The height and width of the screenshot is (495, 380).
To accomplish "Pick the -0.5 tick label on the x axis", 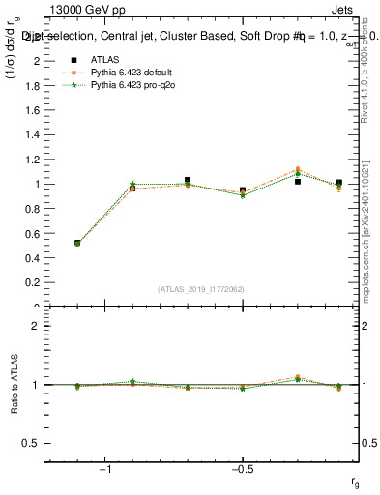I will click(x=242, y=470).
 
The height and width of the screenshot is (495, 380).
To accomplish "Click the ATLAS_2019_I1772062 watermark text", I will click(x=200, y=289).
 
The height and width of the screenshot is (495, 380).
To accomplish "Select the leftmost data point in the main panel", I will click(x=77, y=244).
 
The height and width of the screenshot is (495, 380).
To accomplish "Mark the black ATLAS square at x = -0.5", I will click(x=243, y=190).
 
